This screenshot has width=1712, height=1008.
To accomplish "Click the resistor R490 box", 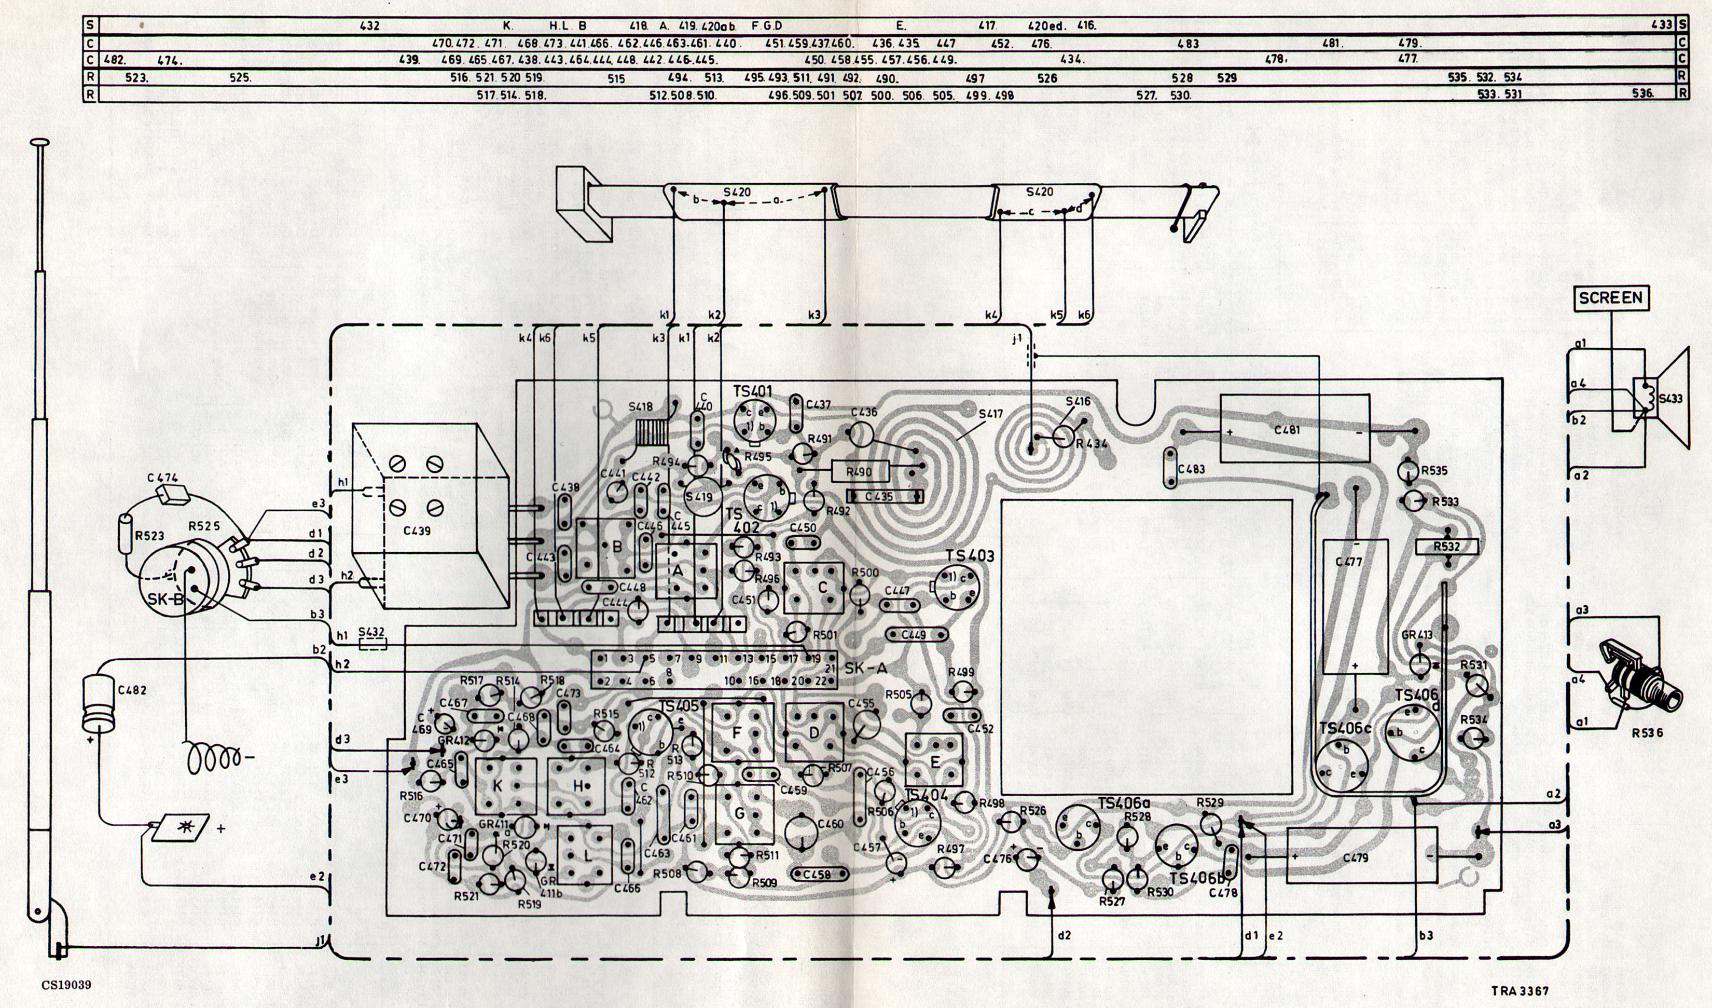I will point(860,470).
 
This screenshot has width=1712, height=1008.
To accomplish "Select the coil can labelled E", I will point(934,761).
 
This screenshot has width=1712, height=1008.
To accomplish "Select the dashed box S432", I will point(371,643).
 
